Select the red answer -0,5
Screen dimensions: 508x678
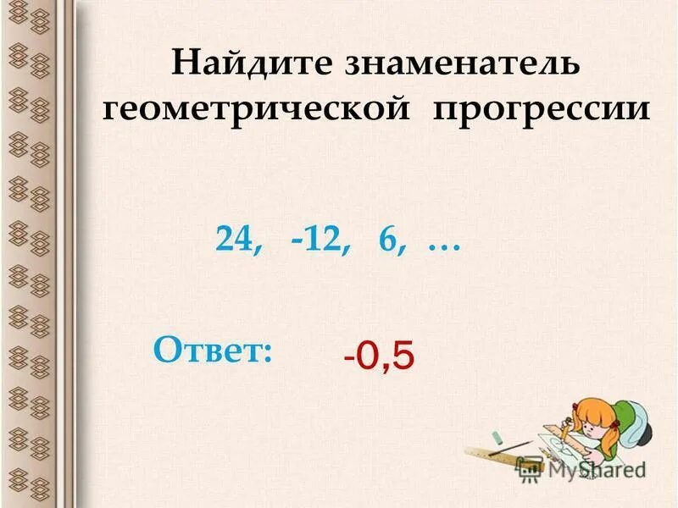[x=379, y=356]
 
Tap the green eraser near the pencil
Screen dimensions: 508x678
[x=497, y=438]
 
